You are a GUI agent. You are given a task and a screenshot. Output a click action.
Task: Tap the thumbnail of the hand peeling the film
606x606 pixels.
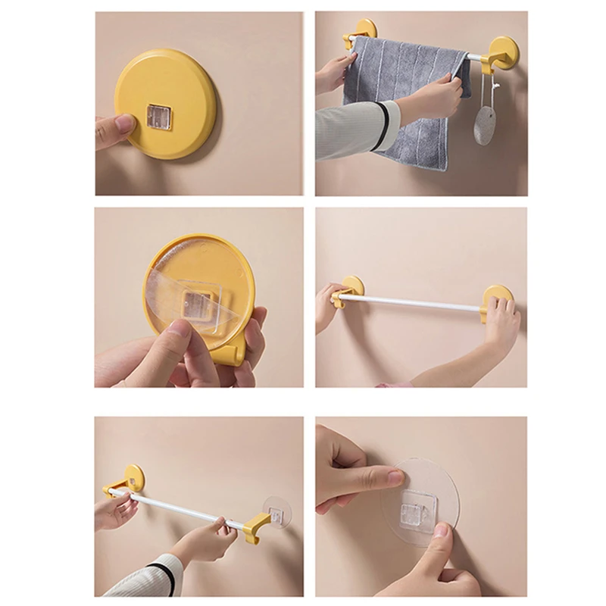[x=176, y=328]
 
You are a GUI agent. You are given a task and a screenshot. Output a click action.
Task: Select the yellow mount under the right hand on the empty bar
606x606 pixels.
[x=496, y=299]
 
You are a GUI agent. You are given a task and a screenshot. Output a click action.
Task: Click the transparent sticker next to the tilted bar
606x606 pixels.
[x=276, y=514]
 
